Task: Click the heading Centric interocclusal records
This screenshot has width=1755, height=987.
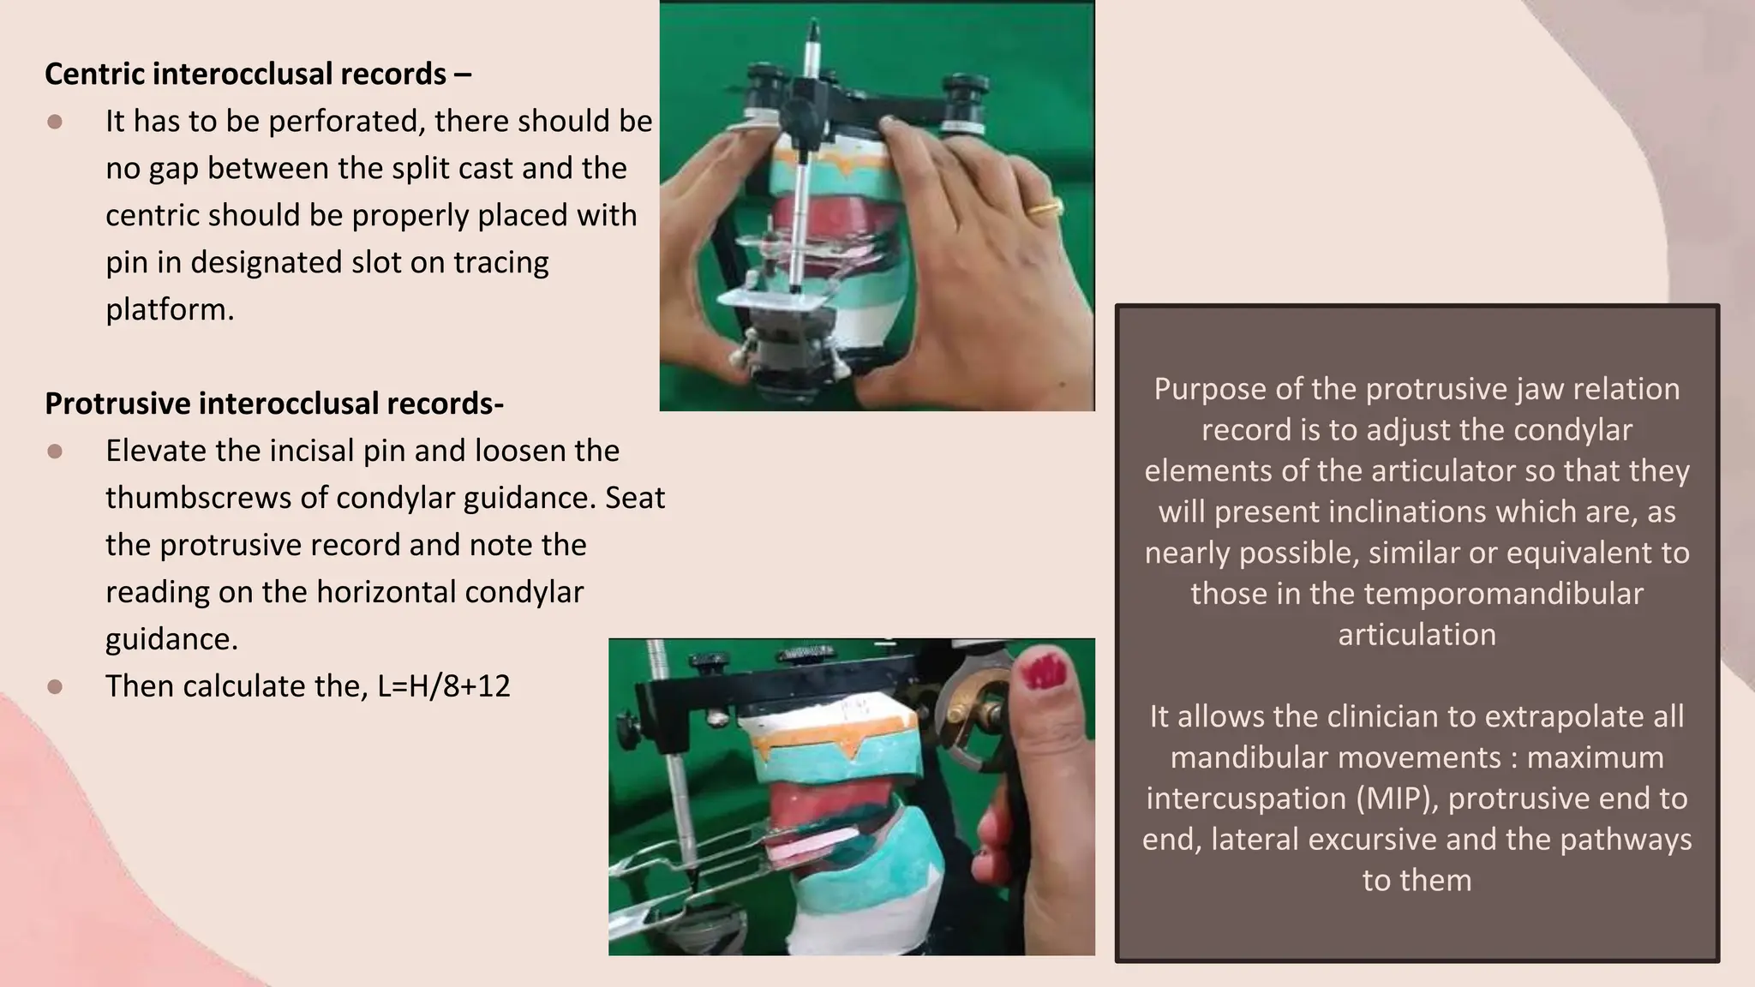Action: click(257, 75)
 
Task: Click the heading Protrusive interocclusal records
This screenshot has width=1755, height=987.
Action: click(273, 404)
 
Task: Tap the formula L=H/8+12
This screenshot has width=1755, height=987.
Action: click(443, 686)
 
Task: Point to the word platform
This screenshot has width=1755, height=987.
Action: click(169, 309)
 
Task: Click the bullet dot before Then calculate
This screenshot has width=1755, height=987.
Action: click(55, 687)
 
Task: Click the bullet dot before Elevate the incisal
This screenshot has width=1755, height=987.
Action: click(55, 452)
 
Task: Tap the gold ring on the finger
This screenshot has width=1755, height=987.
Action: click(1047, 208)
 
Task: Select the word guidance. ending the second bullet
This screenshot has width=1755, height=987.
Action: click(171, 639)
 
